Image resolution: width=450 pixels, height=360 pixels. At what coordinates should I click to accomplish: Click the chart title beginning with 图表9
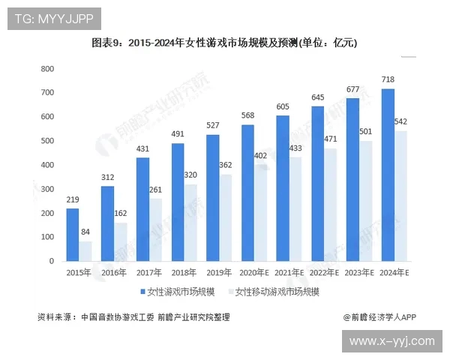(x=224, y=43)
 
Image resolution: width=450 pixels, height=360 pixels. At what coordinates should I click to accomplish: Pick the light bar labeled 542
(x=402, y=196)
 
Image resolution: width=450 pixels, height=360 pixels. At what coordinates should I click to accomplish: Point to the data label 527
(x=213, y=125)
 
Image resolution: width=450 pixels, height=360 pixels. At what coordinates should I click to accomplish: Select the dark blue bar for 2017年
(x=142, y=209)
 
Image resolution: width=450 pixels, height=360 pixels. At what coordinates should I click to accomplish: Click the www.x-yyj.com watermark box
(x=392, y=340)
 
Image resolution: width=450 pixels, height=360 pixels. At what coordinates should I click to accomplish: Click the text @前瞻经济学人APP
(x=379, y=317)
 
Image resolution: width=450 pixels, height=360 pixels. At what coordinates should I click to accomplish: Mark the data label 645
(x=318, y=97)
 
